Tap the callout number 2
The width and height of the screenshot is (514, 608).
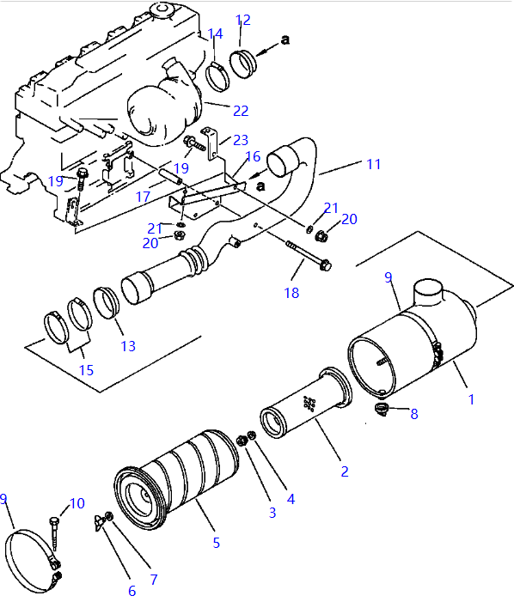(344, 471)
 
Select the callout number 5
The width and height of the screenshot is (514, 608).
(217, 543)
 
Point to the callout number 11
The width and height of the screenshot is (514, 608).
(373, 164)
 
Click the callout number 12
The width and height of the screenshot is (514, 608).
(243, 20)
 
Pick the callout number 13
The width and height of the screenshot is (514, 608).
(127, 346)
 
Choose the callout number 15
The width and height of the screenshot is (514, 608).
(87, 370)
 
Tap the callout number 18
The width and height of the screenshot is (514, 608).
(292, 294)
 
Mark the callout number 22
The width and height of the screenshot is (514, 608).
(241, 110)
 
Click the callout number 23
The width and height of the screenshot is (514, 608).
(240, 140)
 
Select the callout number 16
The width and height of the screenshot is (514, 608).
(252, 156)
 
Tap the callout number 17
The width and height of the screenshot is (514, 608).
(143, 197)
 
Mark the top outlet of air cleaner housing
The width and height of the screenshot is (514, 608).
(430, 295)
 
